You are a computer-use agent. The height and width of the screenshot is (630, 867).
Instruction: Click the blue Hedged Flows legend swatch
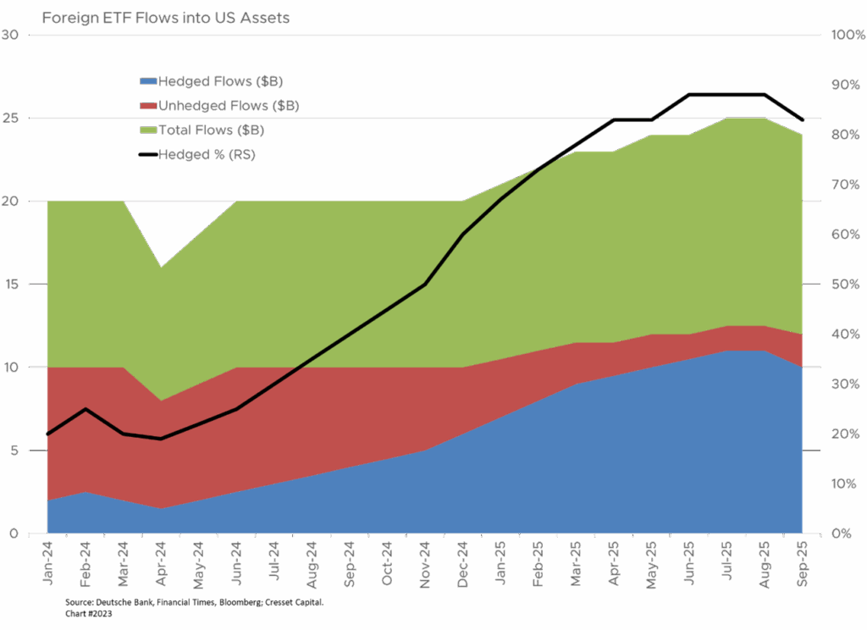148,81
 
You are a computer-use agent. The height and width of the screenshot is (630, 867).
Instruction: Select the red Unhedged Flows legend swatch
148,106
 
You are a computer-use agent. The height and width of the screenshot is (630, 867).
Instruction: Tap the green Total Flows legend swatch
148,130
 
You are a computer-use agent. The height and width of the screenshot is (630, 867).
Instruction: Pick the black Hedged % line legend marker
148,155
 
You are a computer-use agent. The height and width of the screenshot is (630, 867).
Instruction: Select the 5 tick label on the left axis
12,450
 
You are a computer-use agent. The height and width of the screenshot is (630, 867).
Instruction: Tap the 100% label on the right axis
846,35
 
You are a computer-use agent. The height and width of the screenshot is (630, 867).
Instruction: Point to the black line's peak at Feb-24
86,409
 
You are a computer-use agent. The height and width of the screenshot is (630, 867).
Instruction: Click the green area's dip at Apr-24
161,267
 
